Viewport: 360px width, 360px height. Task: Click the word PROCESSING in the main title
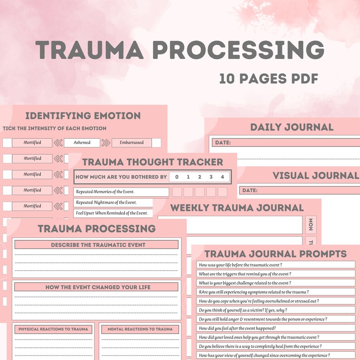click(x=238, y=50)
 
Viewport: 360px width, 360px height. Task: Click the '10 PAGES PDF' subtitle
click(x=268, y=78)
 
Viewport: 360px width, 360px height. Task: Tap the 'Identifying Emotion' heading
click(x=83, y=116)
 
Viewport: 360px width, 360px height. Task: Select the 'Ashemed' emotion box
click(x=82, y=142)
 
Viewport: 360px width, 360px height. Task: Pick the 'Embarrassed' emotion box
click(x=131, y=142)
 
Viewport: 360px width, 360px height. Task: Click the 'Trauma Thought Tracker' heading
click(x=152, y=162)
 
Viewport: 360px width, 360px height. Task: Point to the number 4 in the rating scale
click(x=222, y=177)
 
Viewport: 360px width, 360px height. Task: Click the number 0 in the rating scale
click(x=177, y=177)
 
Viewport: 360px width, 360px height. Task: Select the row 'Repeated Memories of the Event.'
click(x=112, y=192)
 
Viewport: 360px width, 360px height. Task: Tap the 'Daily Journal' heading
click(x=292, y=127)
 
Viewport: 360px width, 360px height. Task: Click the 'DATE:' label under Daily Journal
click(x=223, y=142)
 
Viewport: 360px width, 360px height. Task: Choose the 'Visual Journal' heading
click(x=315, y=175)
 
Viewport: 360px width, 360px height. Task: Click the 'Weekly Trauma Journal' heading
click(x=237, y=208)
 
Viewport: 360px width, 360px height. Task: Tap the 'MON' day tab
click(x=311, y=224)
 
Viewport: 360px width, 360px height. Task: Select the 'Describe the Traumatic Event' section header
click(x=98, y=245)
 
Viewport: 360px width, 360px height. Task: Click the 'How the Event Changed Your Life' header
click(x=98, y=287)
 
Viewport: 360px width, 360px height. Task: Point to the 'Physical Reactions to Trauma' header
click(x=54, y=329)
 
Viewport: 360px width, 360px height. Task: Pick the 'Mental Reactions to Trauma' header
click(x=140, y=329)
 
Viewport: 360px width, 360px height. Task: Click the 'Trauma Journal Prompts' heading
click(x=275, y=254)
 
